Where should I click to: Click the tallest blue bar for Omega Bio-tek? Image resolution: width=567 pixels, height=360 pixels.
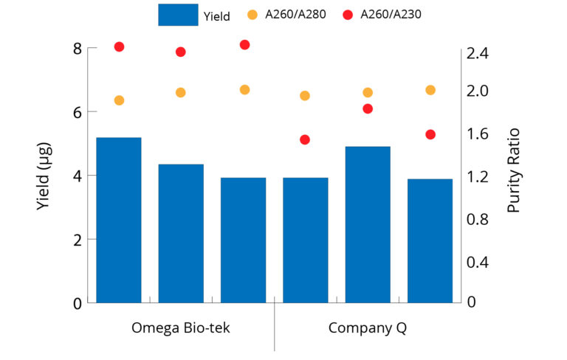(x=119, y=219)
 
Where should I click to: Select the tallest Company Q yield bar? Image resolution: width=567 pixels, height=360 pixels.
(x=368, y=224)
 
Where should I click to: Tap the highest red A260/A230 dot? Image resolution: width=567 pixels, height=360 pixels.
(x=244, y=45)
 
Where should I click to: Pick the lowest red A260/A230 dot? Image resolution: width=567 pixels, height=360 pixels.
(x=305, y=139)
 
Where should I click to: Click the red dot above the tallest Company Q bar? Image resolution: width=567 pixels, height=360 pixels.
(x=368, y=109)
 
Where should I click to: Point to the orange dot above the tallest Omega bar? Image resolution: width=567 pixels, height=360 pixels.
(x=119, y=100)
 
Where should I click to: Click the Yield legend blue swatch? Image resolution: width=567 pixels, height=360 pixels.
(x=178, y=15)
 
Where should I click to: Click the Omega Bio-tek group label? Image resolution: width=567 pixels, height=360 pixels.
(x=181, y=328)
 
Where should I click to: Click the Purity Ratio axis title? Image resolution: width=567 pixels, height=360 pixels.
(x=514, y=170)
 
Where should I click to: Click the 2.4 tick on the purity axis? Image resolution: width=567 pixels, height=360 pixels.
(x=477, y=53)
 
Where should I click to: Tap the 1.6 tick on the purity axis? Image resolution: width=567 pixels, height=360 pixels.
(x=477, y=134)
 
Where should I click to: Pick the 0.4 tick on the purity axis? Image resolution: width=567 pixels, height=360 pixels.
(x=477, y=262)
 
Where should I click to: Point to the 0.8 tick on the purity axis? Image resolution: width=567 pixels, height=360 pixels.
(x=477, y=220)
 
